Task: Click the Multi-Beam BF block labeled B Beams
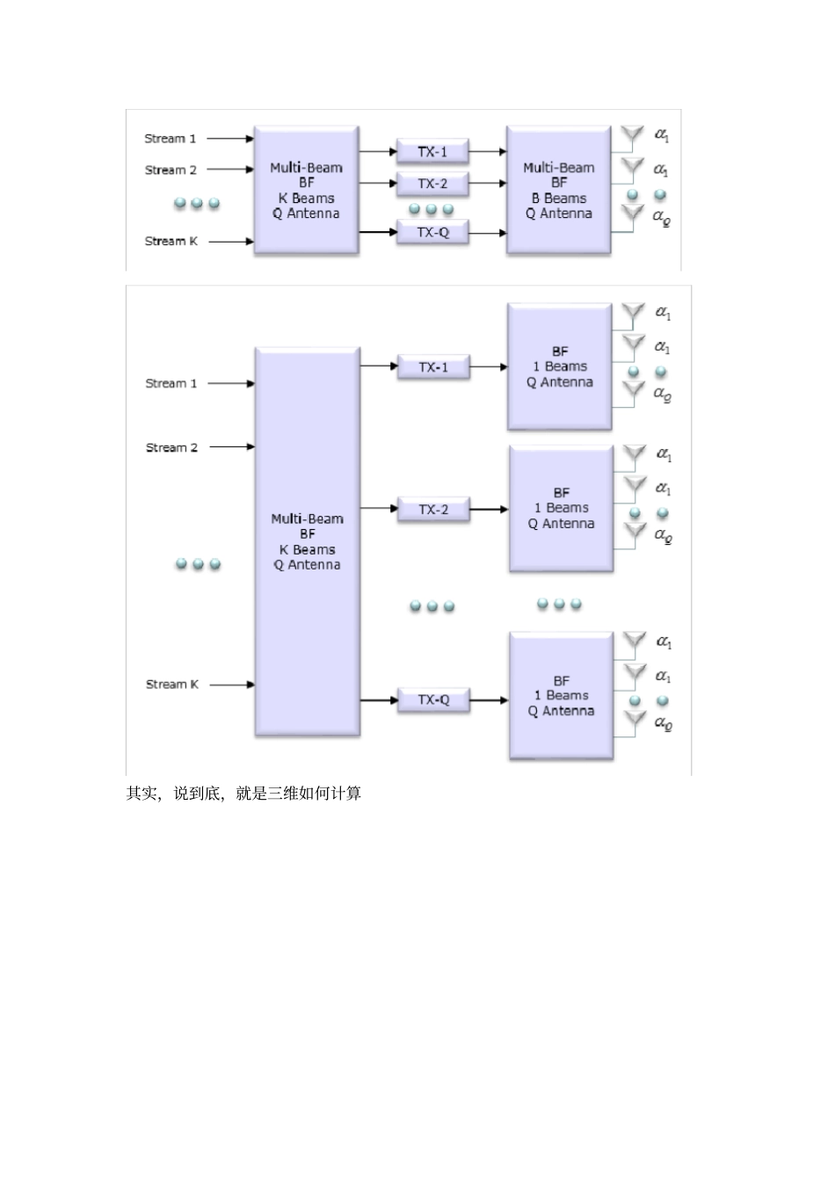click(x=558, y=191)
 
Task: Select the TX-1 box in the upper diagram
click(x=432, y=152)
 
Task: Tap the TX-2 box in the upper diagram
click(x=432, y=184)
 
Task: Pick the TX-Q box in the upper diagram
click(x=432, y=233)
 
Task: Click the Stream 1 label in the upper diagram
click(x=171, y=139)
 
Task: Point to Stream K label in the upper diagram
click(x=171, y=241)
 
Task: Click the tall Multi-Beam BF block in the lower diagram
click(x=307, y=541)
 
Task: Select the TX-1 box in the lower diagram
click(x=432, y=367)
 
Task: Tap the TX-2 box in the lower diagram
click(x=432, y=510)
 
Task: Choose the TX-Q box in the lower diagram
click(x=432, y=700)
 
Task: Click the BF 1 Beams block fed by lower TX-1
click(x=560, y=367)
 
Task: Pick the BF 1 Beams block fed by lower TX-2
click(x=561, y=509)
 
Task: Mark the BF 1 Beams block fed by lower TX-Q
click(x=561, y=696)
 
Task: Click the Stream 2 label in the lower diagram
click(x=172, y=447)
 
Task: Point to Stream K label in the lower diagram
click(x=172, y=685)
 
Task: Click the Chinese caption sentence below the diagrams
click(x=243, y=794)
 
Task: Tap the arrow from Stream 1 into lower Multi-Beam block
click(x=231, y=383)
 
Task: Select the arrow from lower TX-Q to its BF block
click(x=490, y=700)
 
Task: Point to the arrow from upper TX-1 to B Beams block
click(x=488, y=152)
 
